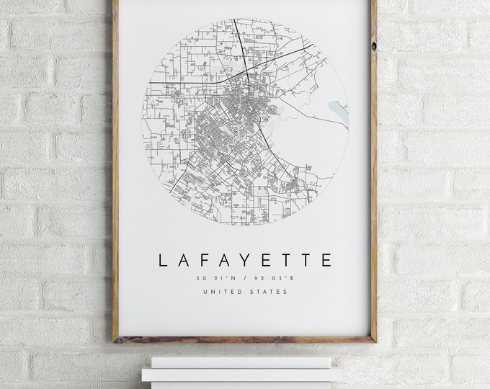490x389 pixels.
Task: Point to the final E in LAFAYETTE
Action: [x=327, y=260]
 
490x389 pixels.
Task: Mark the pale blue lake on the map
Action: [x=338, y=112]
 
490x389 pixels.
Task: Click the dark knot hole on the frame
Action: [x=373, y=45]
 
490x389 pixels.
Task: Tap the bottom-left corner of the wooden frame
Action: [x=116, y=339]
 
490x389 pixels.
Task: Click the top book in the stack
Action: [x=241, y=362]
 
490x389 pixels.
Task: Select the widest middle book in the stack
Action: [x=242, y=375]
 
